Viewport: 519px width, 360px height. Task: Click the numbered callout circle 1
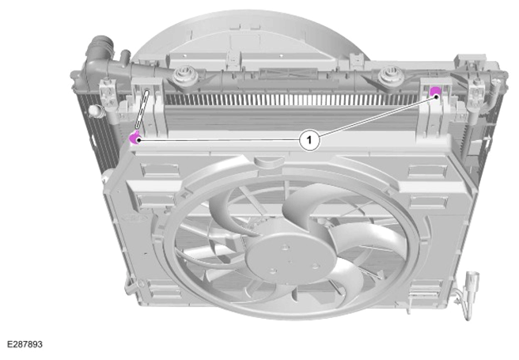309,140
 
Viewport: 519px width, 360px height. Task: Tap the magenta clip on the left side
134,138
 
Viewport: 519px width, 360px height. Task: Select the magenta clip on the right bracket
434,91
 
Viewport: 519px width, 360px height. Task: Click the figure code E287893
25,344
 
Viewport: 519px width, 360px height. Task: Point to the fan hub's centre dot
290,262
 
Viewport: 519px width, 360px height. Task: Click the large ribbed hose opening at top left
100,44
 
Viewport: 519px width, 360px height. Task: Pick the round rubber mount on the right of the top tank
388,74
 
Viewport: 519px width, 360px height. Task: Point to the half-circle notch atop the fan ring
269,161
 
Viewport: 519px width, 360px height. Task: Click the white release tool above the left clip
142,109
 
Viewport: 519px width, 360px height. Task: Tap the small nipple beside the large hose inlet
125,56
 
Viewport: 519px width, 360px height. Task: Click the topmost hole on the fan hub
286,247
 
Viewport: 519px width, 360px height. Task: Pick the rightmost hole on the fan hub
315,266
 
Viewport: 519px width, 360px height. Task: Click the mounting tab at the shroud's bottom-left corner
132,286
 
